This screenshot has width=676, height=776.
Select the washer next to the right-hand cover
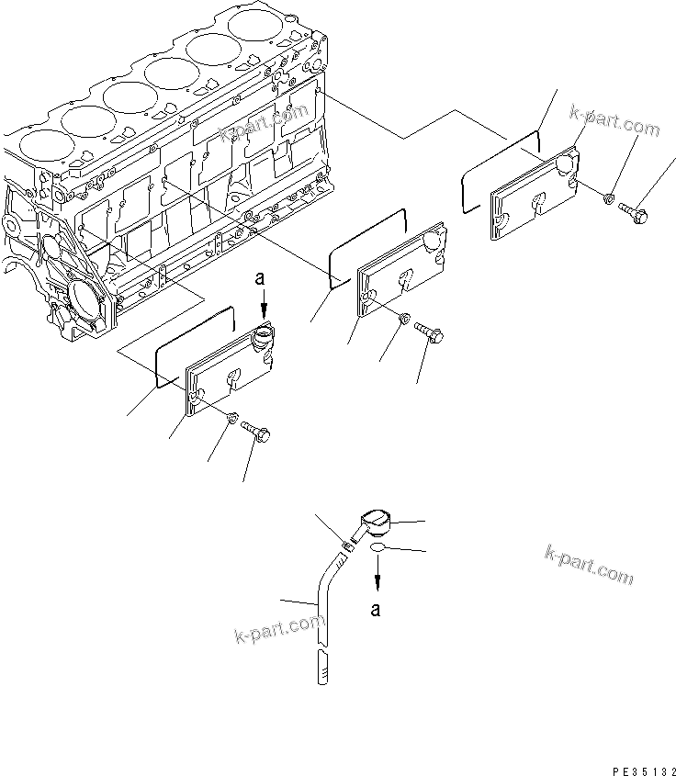pos(608,198)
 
